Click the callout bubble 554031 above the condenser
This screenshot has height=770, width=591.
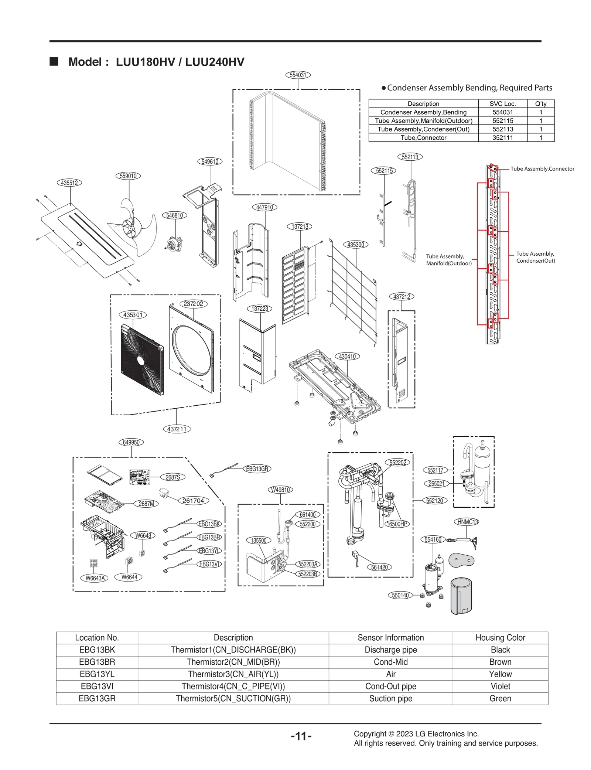[x=298, y=75]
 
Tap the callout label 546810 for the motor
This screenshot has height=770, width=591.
[x=174, y=215]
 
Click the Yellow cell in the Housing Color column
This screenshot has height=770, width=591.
[x=500, y=674]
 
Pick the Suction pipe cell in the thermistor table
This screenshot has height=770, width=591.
[x=390, y=698]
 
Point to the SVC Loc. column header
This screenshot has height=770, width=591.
[x=502, y=104]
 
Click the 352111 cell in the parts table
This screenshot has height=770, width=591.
[x=502, y=138]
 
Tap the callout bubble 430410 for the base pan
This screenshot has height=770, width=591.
[x=347, y=357]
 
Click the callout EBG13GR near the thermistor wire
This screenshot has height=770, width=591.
[x=257, y=469]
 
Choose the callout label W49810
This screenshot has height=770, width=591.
[x=280, y=490]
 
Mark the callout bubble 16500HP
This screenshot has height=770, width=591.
[x=397, y=524]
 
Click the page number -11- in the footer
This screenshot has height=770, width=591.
[x=301, y=736]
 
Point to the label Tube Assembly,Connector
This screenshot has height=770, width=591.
[x=542, y=169]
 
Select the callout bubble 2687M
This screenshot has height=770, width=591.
[x=146, y=504]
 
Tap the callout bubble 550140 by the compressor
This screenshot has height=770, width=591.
[x=400, y=595]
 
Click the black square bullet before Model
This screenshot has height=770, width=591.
[x=54, y=61]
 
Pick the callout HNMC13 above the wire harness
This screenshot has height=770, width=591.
[x=467, y=522]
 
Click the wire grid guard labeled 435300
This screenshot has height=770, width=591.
[x=353, y=292]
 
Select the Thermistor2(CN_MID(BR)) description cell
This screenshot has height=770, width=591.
[x=233, y=662]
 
